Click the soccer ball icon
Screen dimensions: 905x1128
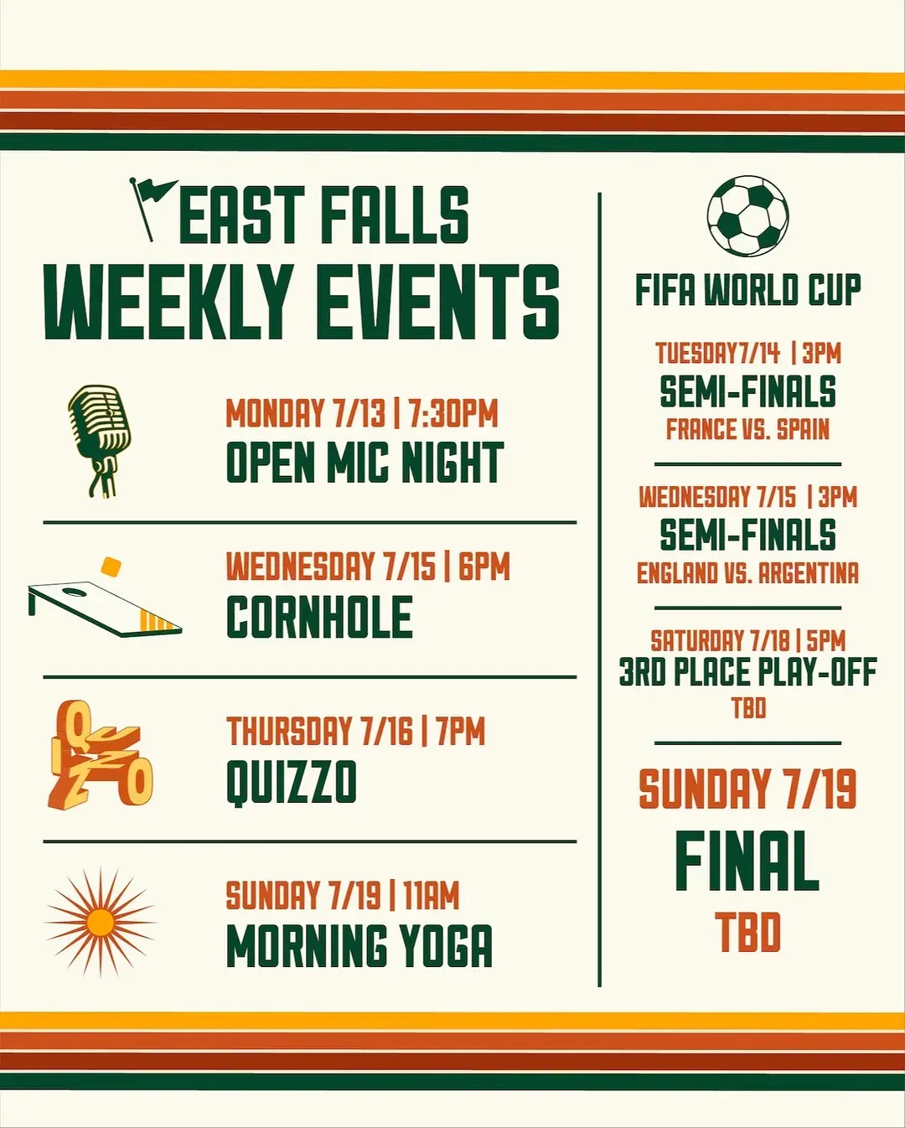[x=747, y=216]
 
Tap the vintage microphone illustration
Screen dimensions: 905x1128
[x=100, y=440]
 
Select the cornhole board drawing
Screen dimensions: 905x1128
[x=105, y=608]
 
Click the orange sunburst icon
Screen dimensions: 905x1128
[x=100, y=923]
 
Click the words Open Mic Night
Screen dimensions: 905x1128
[x=365, y=462]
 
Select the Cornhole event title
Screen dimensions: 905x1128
[x=319, y=617]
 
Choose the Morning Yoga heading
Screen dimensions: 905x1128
[x=359, y=945]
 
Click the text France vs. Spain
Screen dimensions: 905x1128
[x=747, y=429]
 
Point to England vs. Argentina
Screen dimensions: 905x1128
[x=747, y=572]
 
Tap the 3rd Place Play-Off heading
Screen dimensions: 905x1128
[x=747, y=672]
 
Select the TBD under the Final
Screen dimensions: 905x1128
[x=747, y=931]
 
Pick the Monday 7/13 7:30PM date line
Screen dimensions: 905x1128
[x=361, y=413]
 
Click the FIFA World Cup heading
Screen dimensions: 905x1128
[x=747, y=290]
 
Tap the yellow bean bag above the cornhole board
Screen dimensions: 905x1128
[x=111, y=567]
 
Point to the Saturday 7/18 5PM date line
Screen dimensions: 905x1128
[x=747, y=640]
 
